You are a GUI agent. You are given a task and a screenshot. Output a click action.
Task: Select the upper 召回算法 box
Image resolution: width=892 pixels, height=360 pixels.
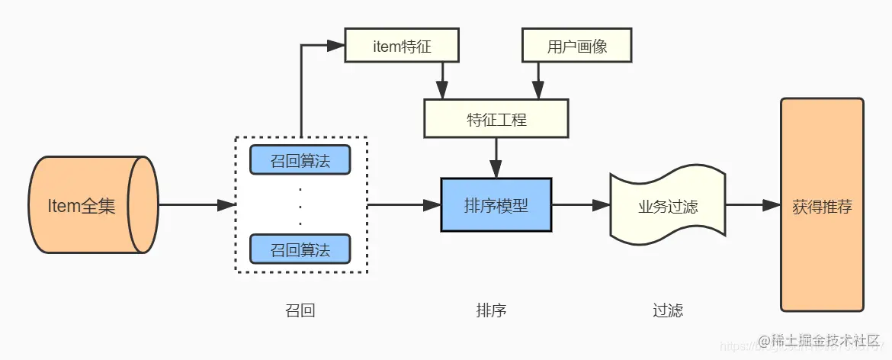click(300, 160)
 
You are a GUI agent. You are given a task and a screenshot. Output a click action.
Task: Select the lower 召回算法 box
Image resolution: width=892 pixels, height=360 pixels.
click(300, 249)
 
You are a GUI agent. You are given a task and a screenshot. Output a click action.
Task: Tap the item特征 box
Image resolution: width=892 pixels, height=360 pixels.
click(403, 46)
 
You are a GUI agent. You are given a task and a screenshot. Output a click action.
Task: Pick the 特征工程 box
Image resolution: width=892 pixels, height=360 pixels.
click(496, 119)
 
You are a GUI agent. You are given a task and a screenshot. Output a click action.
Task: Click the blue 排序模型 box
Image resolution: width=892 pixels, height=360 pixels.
click(496, 205)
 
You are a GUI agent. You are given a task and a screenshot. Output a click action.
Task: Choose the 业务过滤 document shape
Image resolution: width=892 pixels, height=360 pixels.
click(667, 206)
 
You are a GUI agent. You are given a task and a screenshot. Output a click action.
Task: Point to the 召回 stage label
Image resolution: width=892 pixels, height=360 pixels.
click(300, 310)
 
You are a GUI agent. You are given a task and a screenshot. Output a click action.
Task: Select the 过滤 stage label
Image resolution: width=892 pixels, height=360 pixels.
click(667, 310)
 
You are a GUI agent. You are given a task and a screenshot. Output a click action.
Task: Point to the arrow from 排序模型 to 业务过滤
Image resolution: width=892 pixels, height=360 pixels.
click(580, 205)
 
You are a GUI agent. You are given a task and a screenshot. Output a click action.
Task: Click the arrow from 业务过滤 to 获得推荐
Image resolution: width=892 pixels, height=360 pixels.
click(752, 205)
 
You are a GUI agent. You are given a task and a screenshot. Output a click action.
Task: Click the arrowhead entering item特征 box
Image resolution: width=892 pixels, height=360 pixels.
click(336, 46)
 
